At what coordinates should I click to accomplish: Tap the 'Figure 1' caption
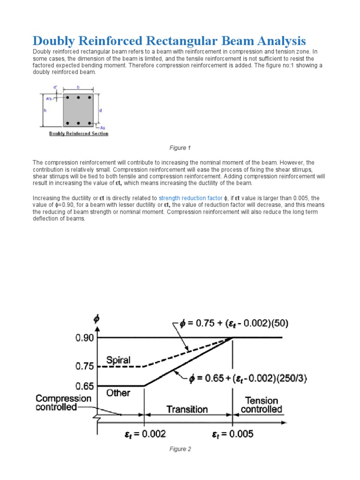click(180, 148)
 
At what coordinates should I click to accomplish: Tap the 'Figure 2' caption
click(180, 449)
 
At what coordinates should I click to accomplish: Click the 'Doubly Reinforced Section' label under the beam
click(79, 134)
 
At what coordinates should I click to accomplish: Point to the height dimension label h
click(45, 110)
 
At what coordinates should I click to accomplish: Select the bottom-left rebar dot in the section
click(68, 123)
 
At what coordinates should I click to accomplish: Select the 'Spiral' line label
click(118, 360)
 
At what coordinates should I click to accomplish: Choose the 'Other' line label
click(118, 393)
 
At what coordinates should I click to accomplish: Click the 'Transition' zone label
click(187, 409)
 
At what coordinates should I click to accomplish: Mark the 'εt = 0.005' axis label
click(232, 434)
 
